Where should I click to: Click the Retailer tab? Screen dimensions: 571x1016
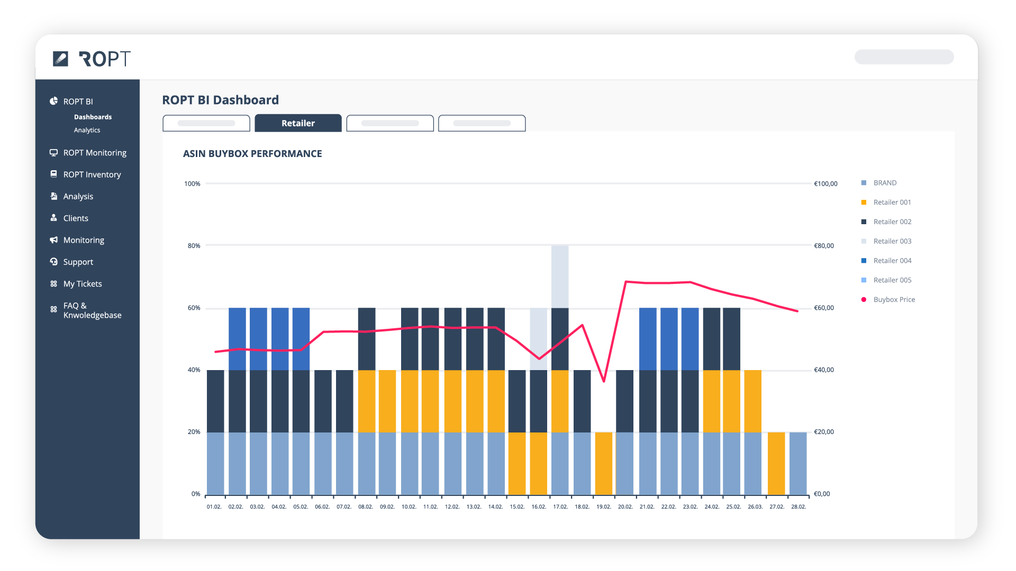pyautogui.click(x=298, y=123)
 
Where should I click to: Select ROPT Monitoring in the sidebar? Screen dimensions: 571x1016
pyautogui.click(x=94, y=153)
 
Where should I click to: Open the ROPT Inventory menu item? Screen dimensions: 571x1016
pyautogui.click(x=92, y=174)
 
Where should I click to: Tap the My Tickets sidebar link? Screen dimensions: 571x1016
pyautogui.click(x=82, y=284)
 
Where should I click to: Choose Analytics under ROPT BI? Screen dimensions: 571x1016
pyautogui.click(x=87, y=130)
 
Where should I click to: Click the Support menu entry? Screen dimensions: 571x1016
pyautogui.click(x=78, y=262)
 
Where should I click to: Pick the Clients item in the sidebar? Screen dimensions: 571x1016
pyautogui.click(x=75, y=218)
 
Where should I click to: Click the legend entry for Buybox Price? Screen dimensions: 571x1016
pyautogui.click(x=894, y=300)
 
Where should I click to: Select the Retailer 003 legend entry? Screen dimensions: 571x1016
pyautogui.click(x=892, y=242)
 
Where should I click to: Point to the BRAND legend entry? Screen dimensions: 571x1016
pyautogui.click(x=885, y=183)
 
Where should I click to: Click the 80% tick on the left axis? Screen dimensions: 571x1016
pyautogui.click(x=194, y=246)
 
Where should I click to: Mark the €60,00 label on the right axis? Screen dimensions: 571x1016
pyautogui.click(x=824, y=308)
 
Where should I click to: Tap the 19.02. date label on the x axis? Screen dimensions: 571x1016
pyautogui.click(x=604, y=507)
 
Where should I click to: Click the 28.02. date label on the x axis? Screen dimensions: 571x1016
pyautogui.click(x=799, y=507)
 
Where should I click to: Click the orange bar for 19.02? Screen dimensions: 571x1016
pyautogui.click(x=604, y=463)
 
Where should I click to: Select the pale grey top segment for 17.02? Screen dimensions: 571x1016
pyautogui.click(x=560, y=276)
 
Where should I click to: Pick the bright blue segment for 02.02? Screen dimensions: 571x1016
pyautogui.click(x=237, y=338)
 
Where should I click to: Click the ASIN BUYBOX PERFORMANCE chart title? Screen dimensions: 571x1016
pyautogui.click(x=252, y=154)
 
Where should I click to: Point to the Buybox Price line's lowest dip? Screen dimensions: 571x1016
pyautogui.click(x=604, y=381)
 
